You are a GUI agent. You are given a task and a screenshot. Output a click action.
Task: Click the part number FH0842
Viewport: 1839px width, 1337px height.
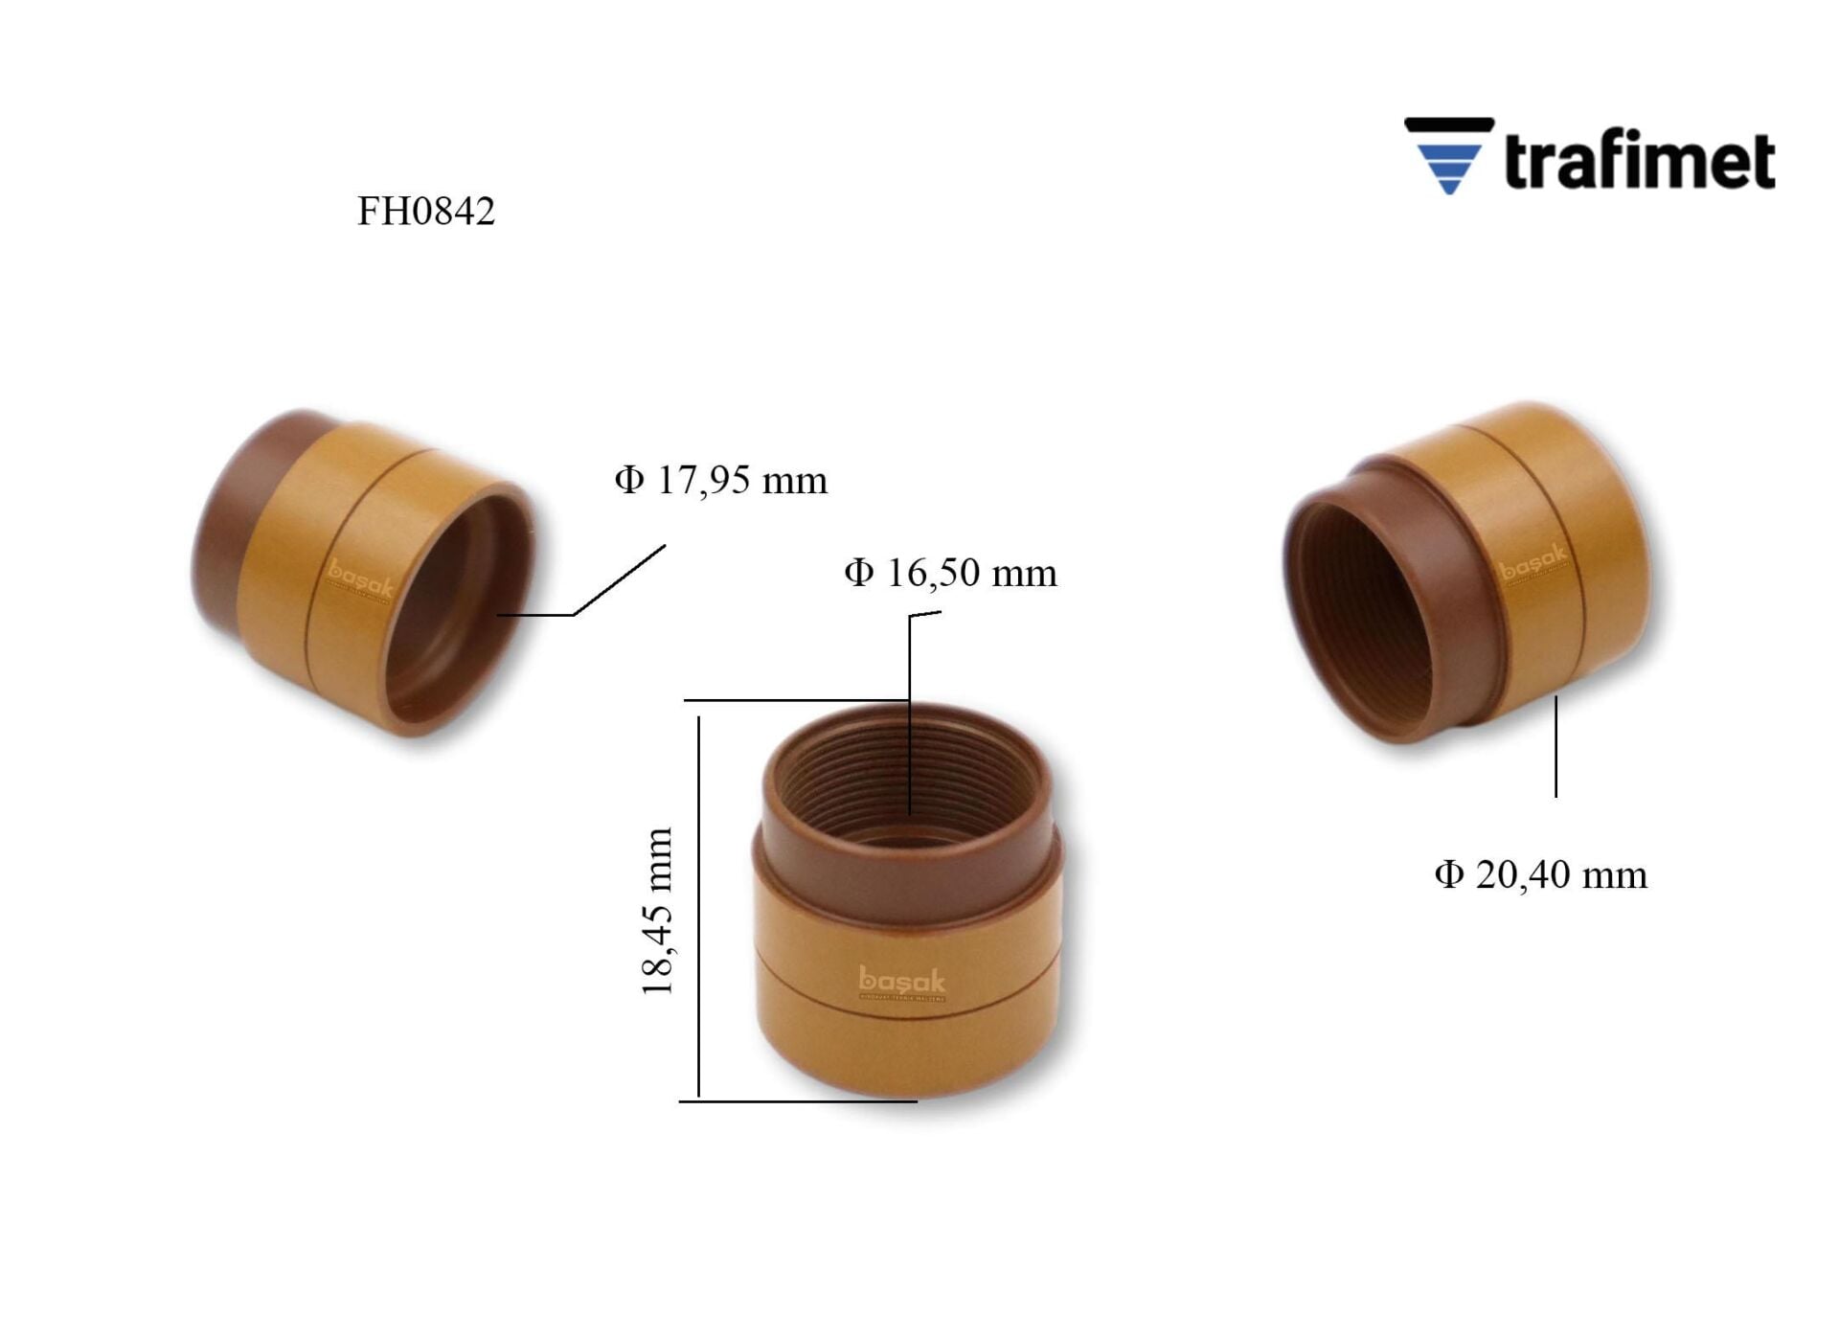tap(425, 212)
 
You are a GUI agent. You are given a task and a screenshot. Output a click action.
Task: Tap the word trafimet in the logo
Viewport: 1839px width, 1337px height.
tap(1639, 161)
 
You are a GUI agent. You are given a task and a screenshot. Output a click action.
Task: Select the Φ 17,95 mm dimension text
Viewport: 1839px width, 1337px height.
tap(720, 480)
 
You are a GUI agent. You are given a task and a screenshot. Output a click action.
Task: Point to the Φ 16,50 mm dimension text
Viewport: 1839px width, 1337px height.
tap(950, 574)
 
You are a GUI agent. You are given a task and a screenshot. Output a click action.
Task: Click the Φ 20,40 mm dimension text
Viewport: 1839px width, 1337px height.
tap(1540, 874)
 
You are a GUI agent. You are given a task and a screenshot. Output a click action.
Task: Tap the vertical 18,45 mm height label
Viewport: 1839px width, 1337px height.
tap(657, 911)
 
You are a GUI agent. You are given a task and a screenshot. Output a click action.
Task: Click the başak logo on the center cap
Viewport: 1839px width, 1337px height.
tap(901, 981)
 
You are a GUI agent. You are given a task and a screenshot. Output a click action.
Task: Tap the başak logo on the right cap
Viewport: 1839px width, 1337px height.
tap(1532, 563)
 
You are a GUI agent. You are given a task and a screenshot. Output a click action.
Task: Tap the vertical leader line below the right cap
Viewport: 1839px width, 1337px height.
tap(1555, 747)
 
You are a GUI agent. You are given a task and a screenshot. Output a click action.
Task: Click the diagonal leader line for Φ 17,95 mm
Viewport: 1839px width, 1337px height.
tap(619, 580)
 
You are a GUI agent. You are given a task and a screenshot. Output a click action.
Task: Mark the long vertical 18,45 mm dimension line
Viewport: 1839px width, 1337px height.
tap(699, 905)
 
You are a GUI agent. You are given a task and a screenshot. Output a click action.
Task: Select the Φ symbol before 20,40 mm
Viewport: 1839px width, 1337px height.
tap(1448, 874)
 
